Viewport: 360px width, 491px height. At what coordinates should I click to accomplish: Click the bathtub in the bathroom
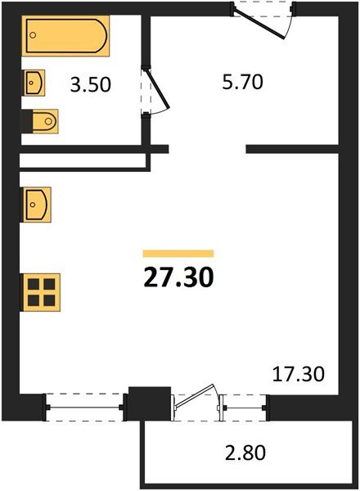pyautogui.click(x=65, y=36)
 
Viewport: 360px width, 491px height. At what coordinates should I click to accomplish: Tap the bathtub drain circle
pyautogui.click(x=33, y=35)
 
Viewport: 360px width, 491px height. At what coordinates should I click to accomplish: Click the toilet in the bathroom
pyautogui.click(x=45, y=121)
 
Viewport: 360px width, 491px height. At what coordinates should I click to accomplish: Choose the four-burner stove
pyautogui.click(x=40, y=292)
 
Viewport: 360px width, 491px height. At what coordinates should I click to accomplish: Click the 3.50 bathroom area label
pyautogui.click(x=91, y=85)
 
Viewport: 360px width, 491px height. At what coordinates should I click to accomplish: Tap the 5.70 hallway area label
pyautogui.click(x=243, y=83)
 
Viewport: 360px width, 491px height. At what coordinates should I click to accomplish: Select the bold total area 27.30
pyautogui.click(x=178, y=278)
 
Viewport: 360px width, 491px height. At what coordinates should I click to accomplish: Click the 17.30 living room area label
pyautogui.click(x=299, y=374)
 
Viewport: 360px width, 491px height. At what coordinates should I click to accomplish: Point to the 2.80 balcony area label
pyautogui.click(x=245, y=453)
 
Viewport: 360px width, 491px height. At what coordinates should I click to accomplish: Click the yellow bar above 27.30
pyautogui.click(x=178, y=254)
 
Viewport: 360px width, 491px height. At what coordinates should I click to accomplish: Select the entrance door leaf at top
pyautogui.click(x=259, y=24)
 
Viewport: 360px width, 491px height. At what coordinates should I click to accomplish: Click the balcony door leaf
pyautogui.click(x=194, y=396)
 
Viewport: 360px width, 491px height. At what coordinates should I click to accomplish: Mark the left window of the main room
pyautogui.click(x=84, y=407)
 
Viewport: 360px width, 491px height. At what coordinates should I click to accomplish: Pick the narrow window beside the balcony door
pyautogui.click(x=245, y=408)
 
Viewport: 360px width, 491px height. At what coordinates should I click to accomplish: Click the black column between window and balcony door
pyautogui.click(x=150, y=403)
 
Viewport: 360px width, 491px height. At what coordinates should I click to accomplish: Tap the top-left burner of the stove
pyautogui.click(x=34, y=285)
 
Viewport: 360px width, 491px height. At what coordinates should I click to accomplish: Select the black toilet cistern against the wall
pyautogui.click(x=27, y=121)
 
